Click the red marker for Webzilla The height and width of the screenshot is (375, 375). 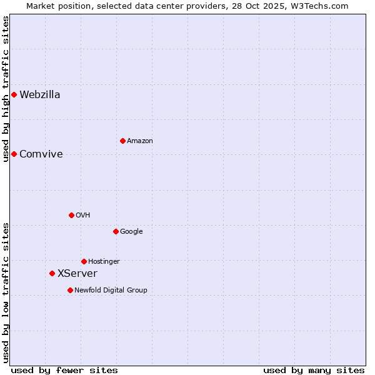14,94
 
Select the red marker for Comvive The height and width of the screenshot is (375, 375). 14,154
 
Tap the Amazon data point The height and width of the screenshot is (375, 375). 122,141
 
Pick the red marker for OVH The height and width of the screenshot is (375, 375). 71,215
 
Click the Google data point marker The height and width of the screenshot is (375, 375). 116,231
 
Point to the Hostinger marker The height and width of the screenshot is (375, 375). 84,261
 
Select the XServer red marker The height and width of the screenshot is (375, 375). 52,273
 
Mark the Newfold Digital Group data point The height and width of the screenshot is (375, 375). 70,290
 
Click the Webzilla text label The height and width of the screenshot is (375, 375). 40,95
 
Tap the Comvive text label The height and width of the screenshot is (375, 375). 41,154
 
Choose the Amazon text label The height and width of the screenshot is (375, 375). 140,141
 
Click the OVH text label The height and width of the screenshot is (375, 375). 83,216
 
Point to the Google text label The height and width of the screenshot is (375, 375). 131,232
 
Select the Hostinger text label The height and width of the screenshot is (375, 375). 104,262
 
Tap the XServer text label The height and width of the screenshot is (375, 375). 77,274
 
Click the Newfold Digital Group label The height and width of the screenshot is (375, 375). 111,291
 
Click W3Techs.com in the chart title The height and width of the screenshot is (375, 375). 322,6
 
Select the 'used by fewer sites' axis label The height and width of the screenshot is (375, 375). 64,370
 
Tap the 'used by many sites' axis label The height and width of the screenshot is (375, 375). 314,370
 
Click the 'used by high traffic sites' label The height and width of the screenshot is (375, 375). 6,89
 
